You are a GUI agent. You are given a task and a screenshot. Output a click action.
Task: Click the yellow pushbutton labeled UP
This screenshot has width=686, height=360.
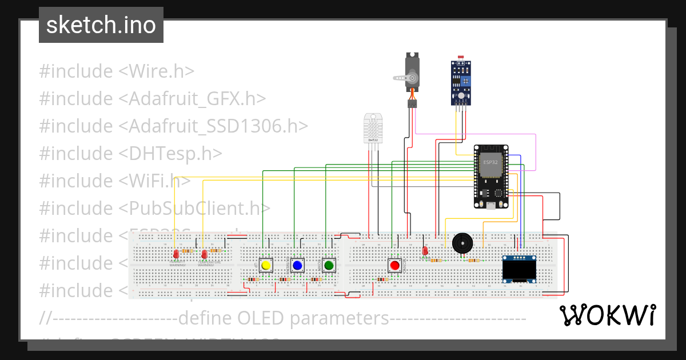pos(265,265)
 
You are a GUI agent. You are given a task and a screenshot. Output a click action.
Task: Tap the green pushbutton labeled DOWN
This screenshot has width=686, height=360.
pos(328,265)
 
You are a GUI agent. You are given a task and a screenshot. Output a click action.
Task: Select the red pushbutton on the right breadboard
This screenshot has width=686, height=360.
pos(394,265)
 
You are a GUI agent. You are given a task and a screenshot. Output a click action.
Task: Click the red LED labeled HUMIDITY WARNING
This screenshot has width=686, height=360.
pos(176,253)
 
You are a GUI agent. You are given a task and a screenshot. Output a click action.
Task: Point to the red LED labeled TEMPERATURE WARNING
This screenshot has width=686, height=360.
pos(204,253)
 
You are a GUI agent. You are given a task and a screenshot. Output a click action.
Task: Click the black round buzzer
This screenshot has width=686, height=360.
pos(462,243)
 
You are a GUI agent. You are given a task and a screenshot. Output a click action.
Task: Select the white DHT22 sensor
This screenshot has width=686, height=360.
pos(373,128)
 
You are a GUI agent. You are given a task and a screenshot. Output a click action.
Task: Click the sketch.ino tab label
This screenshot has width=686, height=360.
pos(101,25)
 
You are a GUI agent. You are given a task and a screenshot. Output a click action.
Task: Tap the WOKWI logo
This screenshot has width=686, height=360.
pos(607,315)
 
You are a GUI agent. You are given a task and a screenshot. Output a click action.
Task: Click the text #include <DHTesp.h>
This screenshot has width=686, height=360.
pos(130,153)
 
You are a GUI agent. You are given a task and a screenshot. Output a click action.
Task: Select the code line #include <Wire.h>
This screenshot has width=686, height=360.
pos(117,71)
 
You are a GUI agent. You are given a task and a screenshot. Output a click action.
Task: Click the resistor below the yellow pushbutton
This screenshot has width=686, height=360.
pos(252,279)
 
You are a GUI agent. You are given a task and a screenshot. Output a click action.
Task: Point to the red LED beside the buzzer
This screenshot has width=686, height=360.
pos(425,250)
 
